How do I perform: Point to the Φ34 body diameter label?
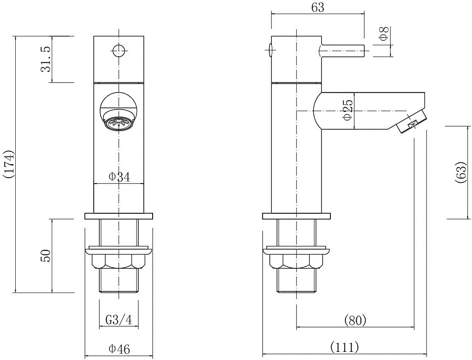(x=119, y=177)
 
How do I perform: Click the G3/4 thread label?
(x=119, y=320)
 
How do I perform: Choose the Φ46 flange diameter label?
(x=119, y=349)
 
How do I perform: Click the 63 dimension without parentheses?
(x=318, y=8)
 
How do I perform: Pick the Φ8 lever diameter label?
(x=384, y=34)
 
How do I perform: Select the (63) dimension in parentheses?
(x=461, y=172)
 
